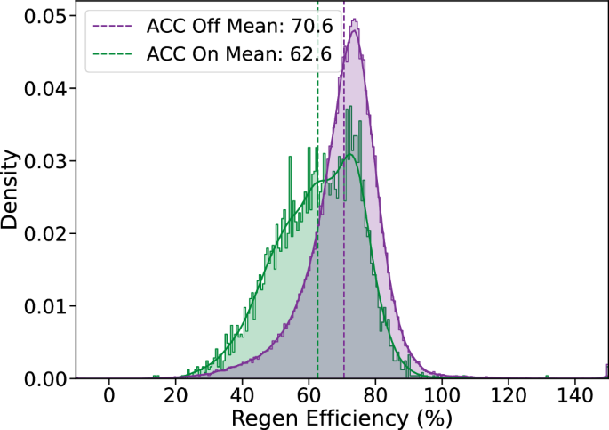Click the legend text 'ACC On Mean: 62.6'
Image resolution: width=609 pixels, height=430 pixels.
(x=233, y=54)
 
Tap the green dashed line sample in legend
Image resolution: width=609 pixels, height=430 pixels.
(x=115, y=54)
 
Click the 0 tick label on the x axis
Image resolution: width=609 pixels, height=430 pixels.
(x=109, y=395)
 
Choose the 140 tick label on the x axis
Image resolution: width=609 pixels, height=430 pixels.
(x=574, y=395)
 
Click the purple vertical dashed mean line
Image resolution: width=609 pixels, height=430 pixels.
(x=344, y=267)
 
